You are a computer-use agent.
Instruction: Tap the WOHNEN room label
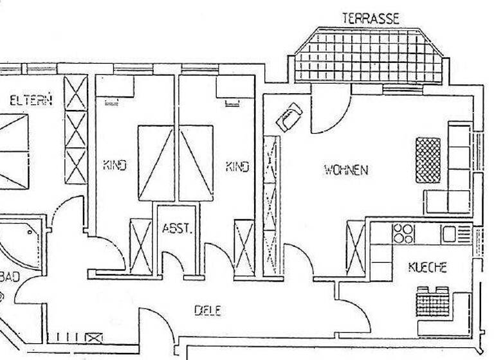(346, 170)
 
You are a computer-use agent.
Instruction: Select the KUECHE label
(427, 268)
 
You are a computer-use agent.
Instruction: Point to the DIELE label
(208, 310)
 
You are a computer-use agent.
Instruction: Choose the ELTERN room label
(31, 100)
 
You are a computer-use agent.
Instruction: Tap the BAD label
(12, 277)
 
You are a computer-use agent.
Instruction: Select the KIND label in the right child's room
(237, 166)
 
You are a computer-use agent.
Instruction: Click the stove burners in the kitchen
(404, 233)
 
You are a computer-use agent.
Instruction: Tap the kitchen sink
(449, 234)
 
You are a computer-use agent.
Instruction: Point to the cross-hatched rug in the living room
(428, 160)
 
